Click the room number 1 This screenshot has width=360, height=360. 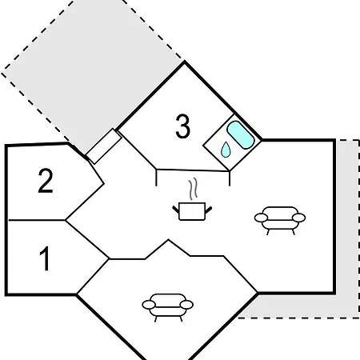[45, 258]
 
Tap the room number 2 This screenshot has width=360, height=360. [46, 180]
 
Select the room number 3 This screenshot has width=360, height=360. [183, 126]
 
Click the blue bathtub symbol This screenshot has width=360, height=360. [240, 134]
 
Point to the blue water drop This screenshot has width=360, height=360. [226, 150]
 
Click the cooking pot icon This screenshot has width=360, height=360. [192, 211]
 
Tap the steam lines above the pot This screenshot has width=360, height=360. [194, 189]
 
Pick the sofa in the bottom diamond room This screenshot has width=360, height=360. [168, 307]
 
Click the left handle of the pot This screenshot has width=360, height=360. [176, 210]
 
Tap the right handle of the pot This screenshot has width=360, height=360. [208, 210]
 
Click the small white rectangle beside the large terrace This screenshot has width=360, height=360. [104, 146]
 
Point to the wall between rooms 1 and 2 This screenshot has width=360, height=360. [37, 220]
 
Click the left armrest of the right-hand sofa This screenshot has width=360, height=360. [261, 218]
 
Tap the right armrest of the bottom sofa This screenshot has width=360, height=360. [186, 305]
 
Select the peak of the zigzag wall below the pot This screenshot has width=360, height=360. [168, 240]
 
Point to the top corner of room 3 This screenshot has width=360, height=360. [185, 62]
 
